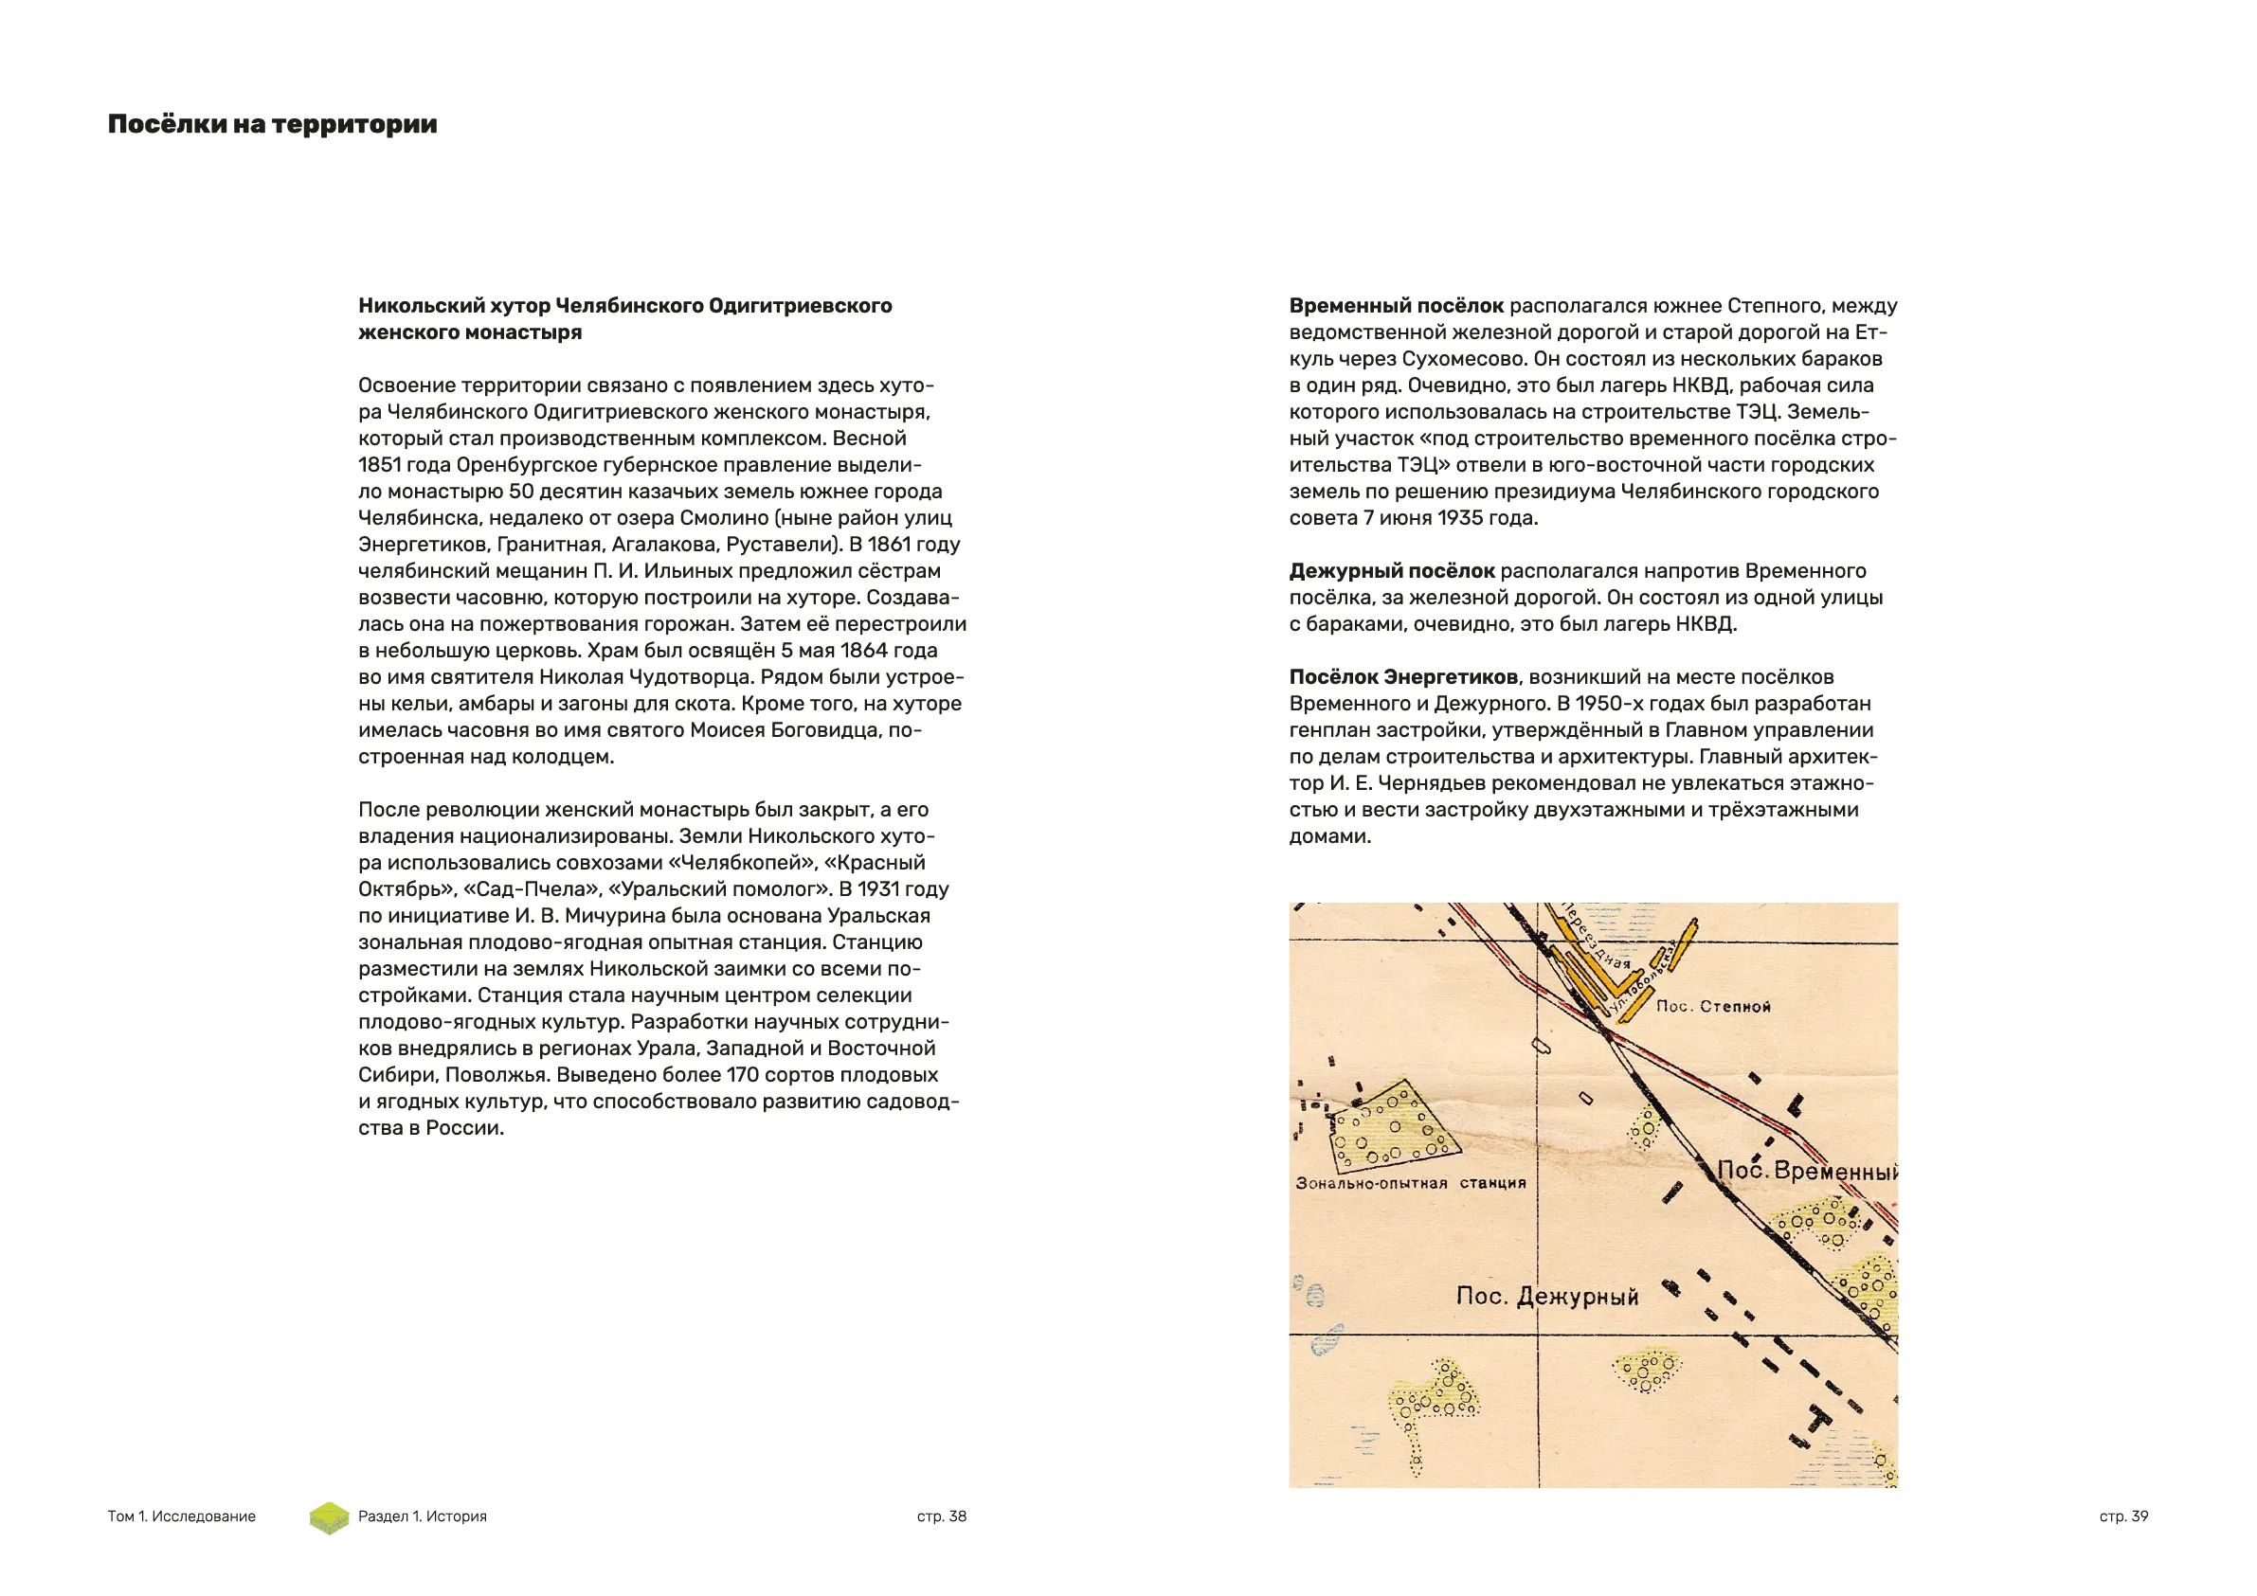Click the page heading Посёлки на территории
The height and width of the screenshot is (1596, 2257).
[272, 125]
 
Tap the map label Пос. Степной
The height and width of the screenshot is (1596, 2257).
[1712, 1006]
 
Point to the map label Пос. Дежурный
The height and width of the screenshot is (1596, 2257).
[1547, 1297]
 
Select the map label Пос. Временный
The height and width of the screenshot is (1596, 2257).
[1807, 1172]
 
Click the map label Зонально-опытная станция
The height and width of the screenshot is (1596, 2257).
[1411, 1183]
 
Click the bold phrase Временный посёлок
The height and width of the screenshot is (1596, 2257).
[1396, 306]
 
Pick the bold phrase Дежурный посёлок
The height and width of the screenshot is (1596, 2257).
[1392, 571]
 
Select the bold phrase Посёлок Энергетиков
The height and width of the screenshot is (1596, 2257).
[1402, 677]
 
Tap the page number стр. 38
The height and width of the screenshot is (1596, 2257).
[942, 1516]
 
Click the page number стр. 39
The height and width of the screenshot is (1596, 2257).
[2123, 1516]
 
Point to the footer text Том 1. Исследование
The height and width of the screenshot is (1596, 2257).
[182, 1516]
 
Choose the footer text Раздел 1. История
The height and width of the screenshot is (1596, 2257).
[423, 1516]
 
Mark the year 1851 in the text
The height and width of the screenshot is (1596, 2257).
[379, 465]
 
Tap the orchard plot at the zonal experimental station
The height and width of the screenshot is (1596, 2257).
[1393, 1127]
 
